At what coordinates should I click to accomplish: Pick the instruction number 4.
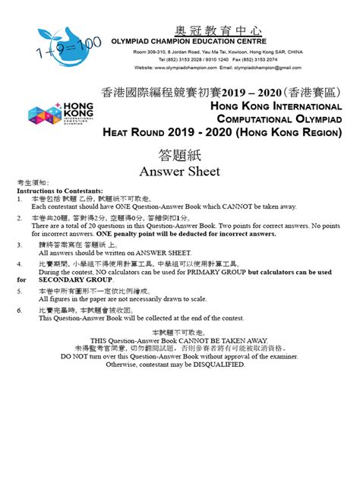(20, 264)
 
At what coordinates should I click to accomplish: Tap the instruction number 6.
(20, 311)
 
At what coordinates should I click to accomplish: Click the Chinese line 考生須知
(33, 184)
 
